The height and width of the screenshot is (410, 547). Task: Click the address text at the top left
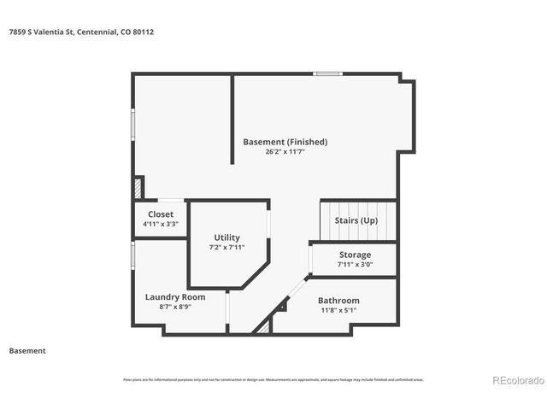82,32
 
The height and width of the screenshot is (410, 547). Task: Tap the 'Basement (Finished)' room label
285,142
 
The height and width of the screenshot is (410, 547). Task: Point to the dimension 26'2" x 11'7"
285,151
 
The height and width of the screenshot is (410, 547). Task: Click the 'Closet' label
160,214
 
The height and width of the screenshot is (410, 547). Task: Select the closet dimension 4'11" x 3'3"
160,224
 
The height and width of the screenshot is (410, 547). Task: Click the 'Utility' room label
226,237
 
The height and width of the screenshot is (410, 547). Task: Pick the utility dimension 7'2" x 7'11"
226,247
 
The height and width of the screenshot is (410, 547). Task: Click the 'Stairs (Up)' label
356,220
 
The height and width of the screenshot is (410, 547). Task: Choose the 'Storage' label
355,255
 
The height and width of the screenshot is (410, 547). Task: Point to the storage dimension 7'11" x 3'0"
355,264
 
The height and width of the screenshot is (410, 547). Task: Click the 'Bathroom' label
338,301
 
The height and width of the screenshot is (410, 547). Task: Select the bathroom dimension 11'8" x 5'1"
338,310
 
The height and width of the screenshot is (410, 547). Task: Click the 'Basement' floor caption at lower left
27,350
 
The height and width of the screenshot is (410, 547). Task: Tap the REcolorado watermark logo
516,380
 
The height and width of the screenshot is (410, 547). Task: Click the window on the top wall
328,74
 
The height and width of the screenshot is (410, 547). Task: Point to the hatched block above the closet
138,187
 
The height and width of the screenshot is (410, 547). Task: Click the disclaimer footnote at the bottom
273,379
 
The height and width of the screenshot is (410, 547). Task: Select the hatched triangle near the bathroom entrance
265,325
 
